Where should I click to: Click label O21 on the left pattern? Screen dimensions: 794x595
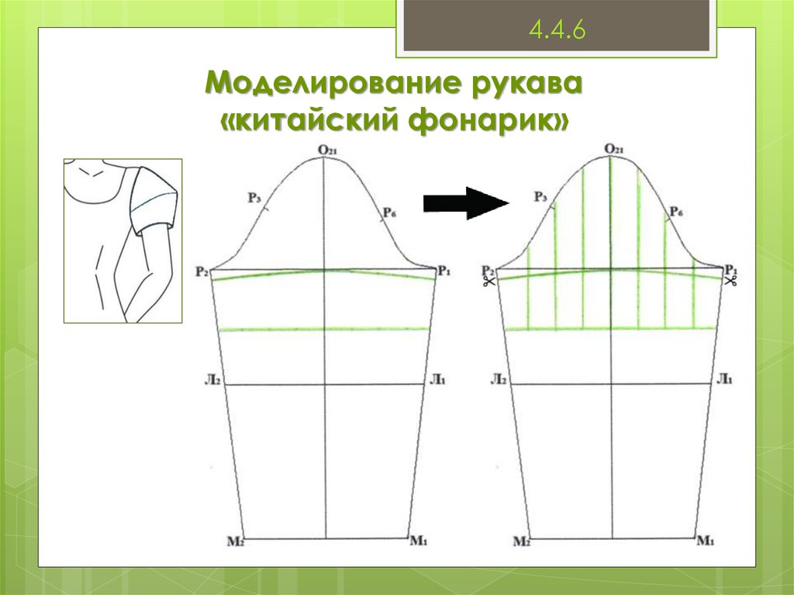coord(326,150)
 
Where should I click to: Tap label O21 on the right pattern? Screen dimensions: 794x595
coord(613,148)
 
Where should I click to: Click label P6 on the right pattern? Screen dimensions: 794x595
coord(675,212)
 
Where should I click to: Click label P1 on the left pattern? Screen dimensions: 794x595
coord(444,271)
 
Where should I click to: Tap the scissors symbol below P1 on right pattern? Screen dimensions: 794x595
coord(730,282)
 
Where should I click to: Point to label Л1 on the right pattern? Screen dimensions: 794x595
coord(724,379)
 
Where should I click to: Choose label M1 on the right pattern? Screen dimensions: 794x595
coord(705,540)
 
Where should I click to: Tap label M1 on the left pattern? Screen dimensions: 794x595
coord(419,540)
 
